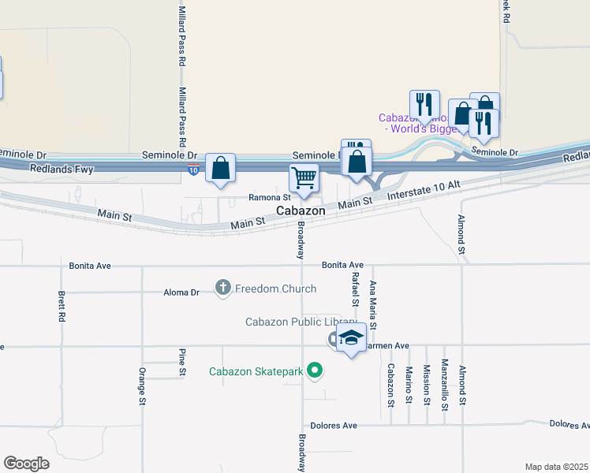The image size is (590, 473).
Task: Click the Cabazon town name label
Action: pos(301,211)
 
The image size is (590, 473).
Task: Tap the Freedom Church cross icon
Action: pos(223,289)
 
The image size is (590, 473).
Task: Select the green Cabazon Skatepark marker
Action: pos(316,369)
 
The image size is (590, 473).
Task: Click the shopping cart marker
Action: pos(304,177)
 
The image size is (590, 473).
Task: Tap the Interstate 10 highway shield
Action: pos(193,169)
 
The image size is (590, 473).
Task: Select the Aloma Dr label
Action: pos(182,292)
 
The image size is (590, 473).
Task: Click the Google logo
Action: pos(27,464)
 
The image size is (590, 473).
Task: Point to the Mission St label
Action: pos(427,385)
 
